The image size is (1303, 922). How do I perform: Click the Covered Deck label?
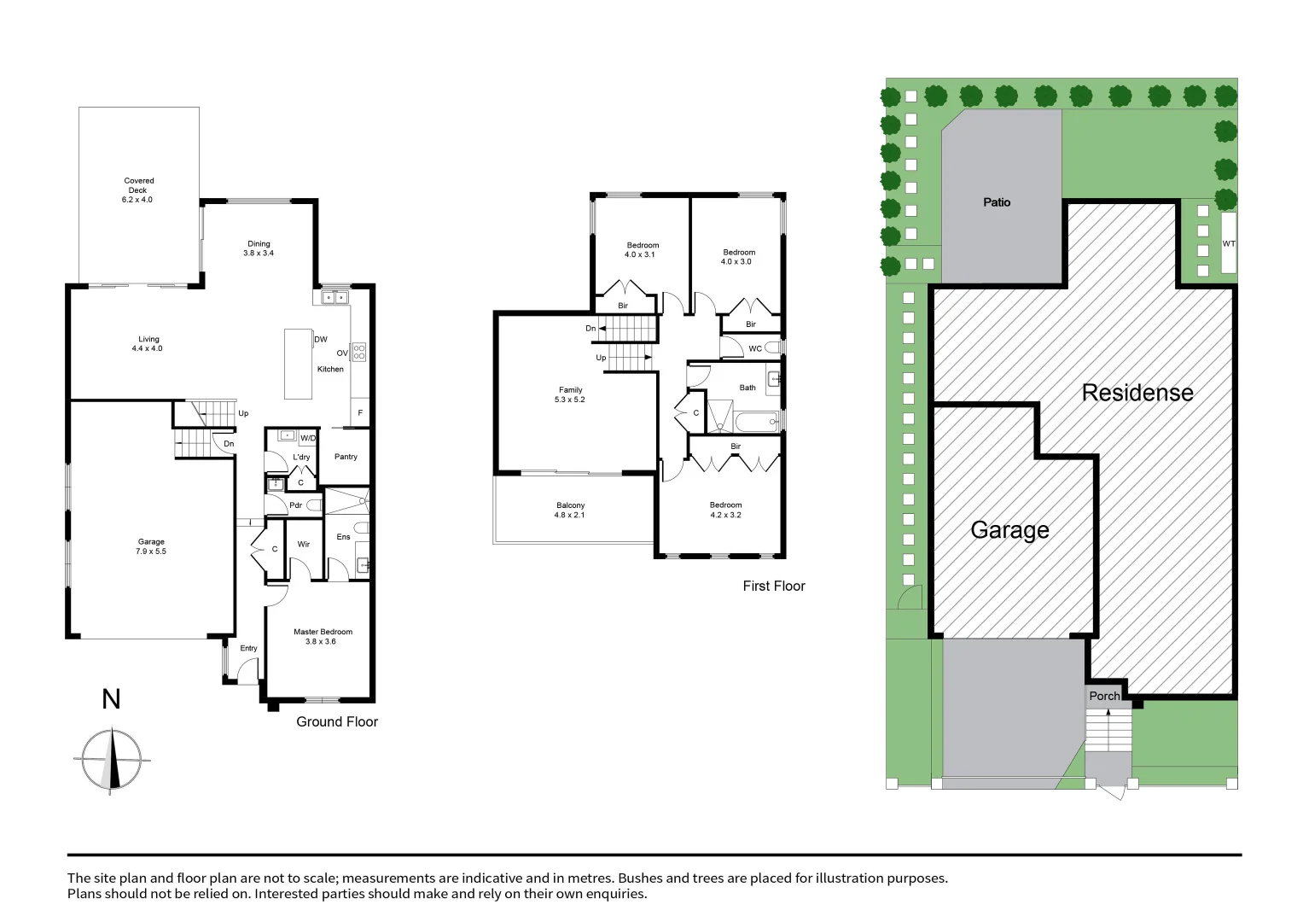[x=139, y=190]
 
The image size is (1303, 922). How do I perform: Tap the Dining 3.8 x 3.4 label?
[x=259, y=248]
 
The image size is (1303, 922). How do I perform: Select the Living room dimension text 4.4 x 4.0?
[x=147, y=348]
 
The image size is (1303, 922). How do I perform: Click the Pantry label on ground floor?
[x=346, y=457]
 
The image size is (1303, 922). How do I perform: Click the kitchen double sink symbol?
[x=334, y=298]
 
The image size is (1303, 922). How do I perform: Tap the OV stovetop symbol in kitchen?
[x=359, y=352]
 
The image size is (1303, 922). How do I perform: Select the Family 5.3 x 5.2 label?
[x=570, y=394]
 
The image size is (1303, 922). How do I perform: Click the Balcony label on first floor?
[x=570, y=510]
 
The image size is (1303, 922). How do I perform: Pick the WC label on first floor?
[x=755, y=348]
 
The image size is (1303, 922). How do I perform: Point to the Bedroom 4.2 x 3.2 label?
[x=725, y=510]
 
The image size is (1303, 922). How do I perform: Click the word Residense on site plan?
[x=1137, y=393]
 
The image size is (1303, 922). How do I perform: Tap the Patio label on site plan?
[x=997, y=202]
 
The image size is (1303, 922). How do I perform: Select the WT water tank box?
[x=1229, y=243]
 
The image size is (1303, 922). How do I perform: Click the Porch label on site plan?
[x=1104, y=696]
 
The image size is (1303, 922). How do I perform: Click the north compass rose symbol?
[x=112, y=759]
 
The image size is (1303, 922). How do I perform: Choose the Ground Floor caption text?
[x=336, y=721]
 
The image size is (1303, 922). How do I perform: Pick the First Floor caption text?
[x=773, y=586]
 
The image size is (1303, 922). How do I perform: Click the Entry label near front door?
[x=248, y=648]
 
